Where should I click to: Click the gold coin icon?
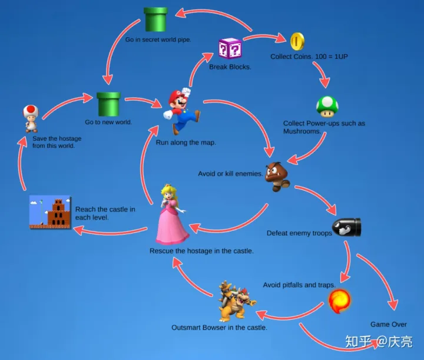(297, 41)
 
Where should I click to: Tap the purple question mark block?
(230, 48)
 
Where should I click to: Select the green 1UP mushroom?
(327, 107)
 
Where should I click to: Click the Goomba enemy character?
(277, 177)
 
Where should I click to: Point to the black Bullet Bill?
(347, 227)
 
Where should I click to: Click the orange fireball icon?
(339, 300)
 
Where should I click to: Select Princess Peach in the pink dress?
(172, 214)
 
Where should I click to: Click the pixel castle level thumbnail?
(50, 212)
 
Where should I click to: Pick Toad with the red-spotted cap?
(31, 118)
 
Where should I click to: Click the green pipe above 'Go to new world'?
(108, 104)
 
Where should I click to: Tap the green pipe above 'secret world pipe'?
(155, 19)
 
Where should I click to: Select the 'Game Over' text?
(389, 324)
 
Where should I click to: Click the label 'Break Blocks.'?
(230, 67)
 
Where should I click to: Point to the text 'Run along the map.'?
(186, 143)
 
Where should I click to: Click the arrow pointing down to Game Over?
(382, 278)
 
